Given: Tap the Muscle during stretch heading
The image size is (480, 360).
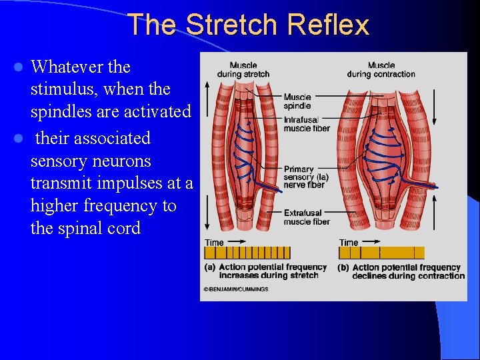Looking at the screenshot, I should tap(243, 69).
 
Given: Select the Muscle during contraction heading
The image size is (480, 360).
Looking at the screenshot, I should tap(381, 69).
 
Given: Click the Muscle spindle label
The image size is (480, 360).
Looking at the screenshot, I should tap(297, 101).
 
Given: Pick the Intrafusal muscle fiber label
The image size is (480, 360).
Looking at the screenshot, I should tap(306, 124).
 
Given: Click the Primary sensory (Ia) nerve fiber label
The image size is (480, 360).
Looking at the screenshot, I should tap(306, 177).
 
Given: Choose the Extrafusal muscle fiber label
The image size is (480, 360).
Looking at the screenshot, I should tap(307, 217).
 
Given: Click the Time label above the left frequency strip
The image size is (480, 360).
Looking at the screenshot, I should tap(214, 243).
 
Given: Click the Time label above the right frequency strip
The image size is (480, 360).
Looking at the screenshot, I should tap(349, 243).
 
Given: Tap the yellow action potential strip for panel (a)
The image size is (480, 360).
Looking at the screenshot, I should tap(247, 253).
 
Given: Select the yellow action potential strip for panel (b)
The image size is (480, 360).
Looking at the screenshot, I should tap(381, 253).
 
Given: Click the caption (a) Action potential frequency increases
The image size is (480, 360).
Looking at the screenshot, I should tap(265, 271).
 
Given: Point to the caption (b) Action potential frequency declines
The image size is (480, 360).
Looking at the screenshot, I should tap(401, 271).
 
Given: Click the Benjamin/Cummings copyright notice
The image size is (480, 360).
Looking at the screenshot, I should tap(235, 289).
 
